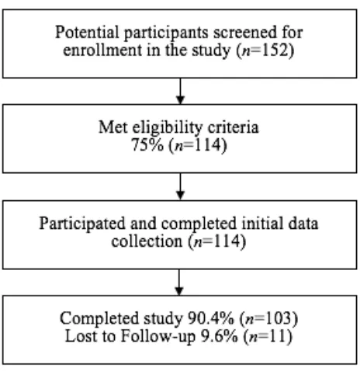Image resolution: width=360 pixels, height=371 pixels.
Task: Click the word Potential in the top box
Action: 87,32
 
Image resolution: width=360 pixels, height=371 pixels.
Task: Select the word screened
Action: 242,33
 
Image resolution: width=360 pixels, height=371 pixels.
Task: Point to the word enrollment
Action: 102,50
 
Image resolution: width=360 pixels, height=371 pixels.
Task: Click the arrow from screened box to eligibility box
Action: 180,91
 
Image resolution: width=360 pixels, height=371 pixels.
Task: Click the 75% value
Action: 147,145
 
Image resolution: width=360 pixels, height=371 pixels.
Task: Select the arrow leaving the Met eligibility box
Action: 180,186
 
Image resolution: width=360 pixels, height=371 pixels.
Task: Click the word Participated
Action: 82,224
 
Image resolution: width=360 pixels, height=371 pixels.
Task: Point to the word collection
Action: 147,241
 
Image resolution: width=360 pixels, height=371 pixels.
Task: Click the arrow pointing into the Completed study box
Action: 179,283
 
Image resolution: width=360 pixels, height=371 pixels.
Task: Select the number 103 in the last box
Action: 279,318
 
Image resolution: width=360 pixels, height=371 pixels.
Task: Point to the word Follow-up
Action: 158,337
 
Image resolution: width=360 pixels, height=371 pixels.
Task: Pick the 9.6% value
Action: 219,336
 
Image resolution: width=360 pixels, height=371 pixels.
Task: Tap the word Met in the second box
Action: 113,127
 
